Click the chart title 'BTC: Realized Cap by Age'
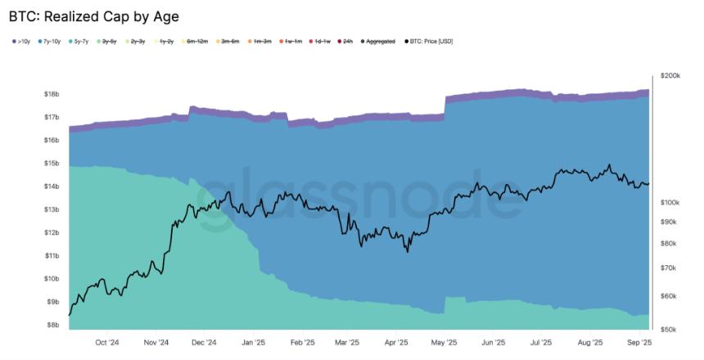pyautogui.click(x=93, y=16)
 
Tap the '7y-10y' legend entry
pyautogui.click(x=52, y=41)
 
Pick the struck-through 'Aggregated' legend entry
pyautogui.click(x=378, y=41)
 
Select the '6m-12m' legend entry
pyautogui.click(x=197, y=41)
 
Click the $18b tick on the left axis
pyautogui.click(x=52, y=94)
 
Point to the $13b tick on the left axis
pyautogui.click(x=52, y=209)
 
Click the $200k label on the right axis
pyautogui.click(x=670, y=75)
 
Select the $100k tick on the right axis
pyautogui.click(x=670, y=202)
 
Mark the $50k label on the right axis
pyautogui.click(x=670, y=329)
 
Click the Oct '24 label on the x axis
pyautogui.click(x=107, y=343)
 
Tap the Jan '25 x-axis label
pyautogui.click(x=254, y=343)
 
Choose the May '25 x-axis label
pyautogui.click(x=443, y=343)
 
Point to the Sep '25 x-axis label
pyautogui.click(x=639, y=343)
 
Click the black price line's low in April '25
pyautogui.click(x=407, y=251)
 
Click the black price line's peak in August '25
pyautogui.click(x=609, y=165)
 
